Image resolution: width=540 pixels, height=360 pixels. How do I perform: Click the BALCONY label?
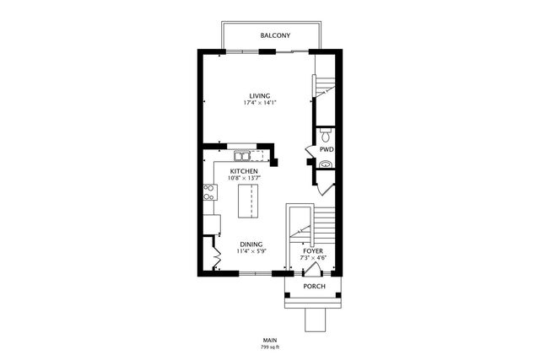point(275,35)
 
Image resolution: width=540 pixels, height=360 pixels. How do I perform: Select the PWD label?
point(326,149)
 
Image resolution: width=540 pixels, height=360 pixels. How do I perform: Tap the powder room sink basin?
point(326,164)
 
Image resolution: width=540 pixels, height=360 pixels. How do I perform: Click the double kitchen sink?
point(243,156)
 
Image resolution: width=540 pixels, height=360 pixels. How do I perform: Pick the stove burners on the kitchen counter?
point(207,191)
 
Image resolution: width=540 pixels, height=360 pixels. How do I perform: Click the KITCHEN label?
point(243,171)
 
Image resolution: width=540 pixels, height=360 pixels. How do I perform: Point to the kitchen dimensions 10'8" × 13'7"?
point(243,179)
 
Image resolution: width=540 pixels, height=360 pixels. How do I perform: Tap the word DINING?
point(250,243)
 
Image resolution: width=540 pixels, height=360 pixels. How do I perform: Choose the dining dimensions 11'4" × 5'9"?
point(250,251)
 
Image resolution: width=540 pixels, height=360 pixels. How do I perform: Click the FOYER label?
point(313,250)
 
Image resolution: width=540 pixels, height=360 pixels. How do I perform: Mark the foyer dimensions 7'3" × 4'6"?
point(313,258)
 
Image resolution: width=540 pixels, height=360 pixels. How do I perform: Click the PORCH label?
point(314,287)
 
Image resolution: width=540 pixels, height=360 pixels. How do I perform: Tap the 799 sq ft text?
point(270,347)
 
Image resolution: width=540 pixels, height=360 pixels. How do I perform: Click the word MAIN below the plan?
point(270,339)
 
